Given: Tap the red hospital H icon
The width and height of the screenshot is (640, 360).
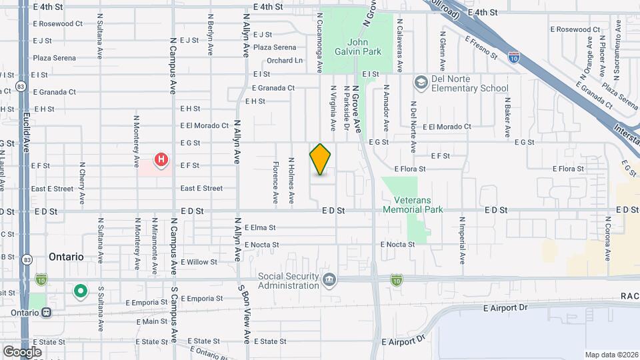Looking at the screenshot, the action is coord(161,160).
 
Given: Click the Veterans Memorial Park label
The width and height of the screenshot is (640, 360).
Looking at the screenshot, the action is coord(407,205).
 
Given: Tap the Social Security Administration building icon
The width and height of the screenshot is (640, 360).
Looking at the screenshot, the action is coord(328,280).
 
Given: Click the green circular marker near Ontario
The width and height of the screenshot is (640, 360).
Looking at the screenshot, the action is coord(81,291).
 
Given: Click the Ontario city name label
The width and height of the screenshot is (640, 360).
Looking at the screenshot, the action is coord(66,257).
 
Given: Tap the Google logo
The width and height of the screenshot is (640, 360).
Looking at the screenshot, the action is coord(22,351).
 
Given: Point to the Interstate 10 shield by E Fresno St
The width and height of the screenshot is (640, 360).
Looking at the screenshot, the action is coord(513,57).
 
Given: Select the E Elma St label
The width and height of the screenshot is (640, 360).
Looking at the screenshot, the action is coord(259,227).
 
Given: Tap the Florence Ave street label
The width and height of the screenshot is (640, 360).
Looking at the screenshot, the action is coord(275,181).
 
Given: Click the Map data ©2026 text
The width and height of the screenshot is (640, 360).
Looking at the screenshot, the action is coord(611,355).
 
